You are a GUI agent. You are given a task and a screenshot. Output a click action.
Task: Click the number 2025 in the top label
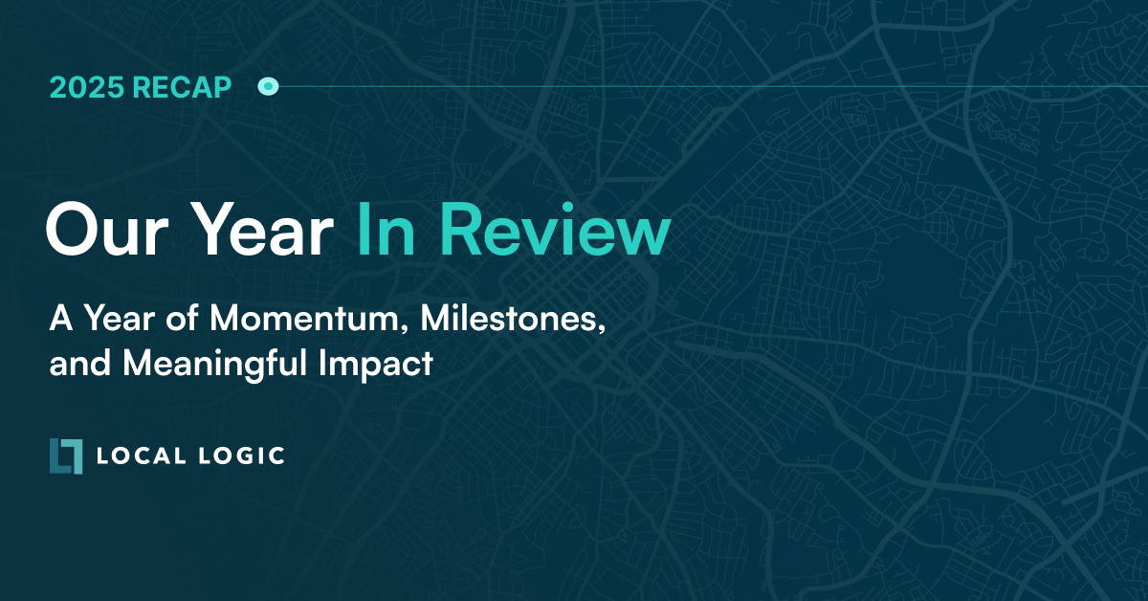click(x=87, y=88)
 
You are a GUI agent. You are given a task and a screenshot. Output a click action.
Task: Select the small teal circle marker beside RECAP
click(x=269, y=88)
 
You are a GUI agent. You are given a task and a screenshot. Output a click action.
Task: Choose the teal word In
click(x=387, y=230)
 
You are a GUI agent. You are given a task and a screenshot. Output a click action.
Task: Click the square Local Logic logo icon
click(x=66, y=456)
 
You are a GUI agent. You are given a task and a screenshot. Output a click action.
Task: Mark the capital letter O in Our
click(x=72, y=231)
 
